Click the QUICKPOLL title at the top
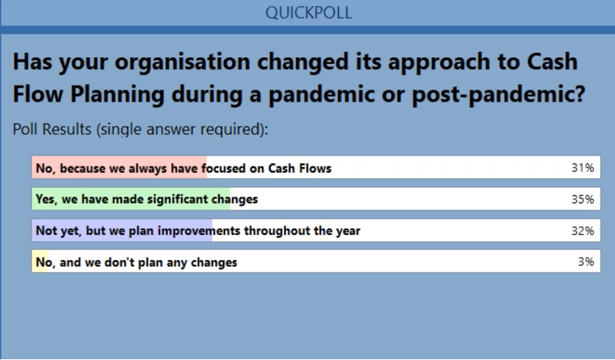(x=309, y=12)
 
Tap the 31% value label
(x=582, y=168)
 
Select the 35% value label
(x=582, y=199)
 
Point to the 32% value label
(x=582, y=230)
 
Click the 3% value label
(x=586, y=262)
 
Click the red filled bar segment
(x=119, y=168)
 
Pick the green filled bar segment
(x=131, y=199)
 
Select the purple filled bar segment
(x=122, y=230)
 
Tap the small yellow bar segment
(x=40, y=261)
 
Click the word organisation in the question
(x=182, y=63)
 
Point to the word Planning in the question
(x=118, y=95)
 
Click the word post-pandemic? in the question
(x=498, y=95)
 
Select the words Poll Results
(x=52, y=129)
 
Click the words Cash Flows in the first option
(x=300, y=169)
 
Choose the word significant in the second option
(x=177, y=199)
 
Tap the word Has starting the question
(x=32, y=62)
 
